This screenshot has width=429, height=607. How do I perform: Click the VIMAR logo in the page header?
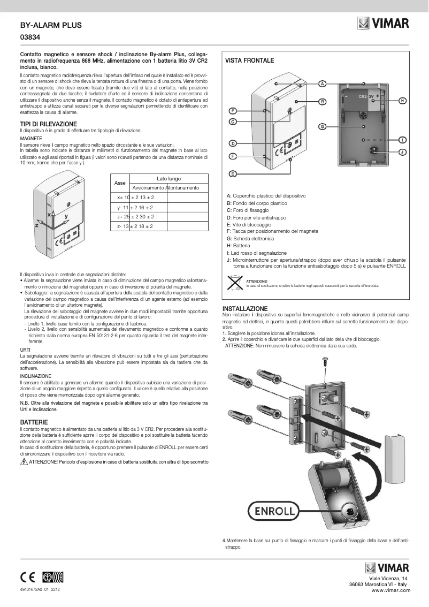[x=383, y=24]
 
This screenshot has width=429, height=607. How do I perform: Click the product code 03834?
[x=30, y=38]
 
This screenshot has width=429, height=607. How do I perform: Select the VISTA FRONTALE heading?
[x=249, y=60]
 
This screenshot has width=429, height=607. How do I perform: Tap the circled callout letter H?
[x=402, y=100]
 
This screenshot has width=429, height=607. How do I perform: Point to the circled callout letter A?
[x=323, y=84]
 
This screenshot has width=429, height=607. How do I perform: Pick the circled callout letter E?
[x=233, y=173]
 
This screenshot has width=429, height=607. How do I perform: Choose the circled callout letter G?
[x=323, y=126]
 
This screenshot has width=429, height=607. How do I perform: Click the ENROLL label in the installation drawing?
[x=275, y=510]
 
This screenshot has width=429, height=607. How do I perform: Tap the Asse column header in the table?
[x=120, y=183]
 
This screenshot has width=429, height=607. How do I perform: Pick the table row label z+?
[x=120, y=216]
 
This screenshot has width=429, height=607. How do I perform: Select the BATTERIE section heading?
[x=34, y=422]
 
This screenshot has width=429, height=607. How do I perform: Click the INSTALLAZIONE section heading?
[x=244, y=309]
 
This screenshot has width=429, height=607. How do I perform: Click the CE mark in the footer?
[x=28, y=578]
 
